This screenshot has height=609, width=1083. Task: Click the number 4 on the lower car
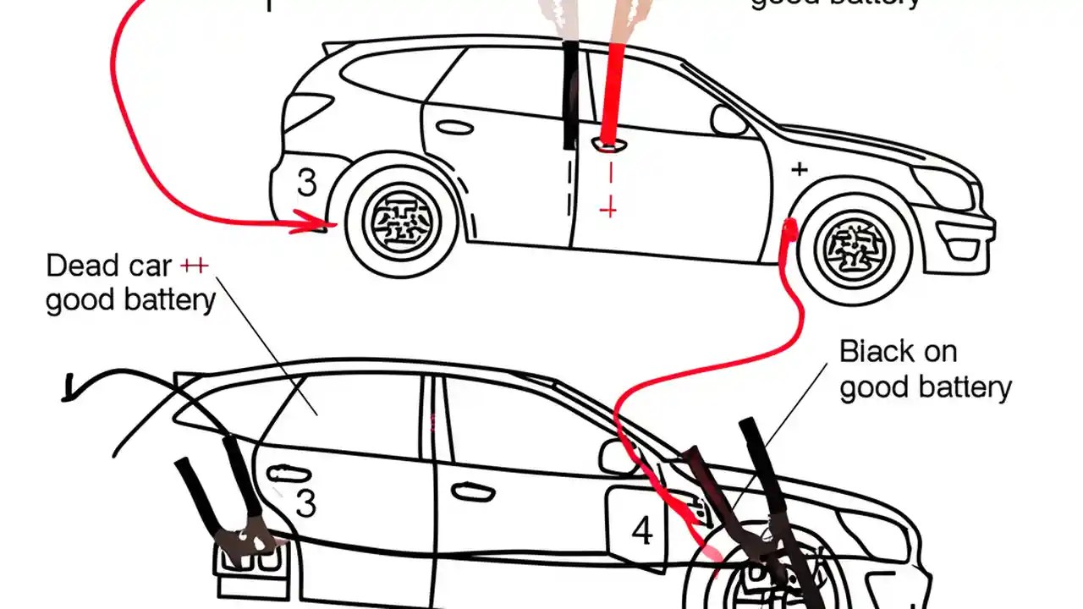click(x=642, y=532)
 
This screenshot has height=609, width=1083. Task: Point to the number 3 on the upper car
click(x=306, y=184)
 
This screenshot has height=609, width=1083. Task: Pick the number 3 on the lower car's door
click(x=305, y=504)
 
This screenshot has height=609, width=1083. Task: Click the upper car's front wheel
click(x=856, y=245)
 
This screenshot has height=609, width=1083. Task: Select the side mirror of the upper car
click(x=728, y=120)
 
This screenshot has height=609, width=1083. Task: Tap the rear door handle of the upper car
click(x=454, y=128)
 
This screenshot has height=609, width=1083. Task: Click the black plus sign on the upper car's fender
click(x=798, y=170)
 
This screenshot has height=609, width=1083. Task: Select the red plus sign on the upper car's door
click(x=607, y=208)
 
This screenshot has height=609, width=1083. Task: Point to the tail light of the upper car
click(x=307, y=111)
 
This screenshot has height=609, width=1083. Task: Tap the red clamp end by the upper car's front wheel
click(x=790, y=228)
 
